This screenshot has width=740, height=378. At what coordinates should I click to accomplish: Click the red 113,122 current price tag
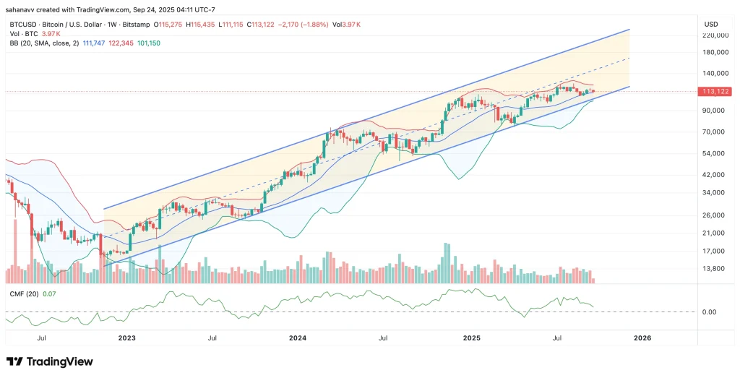click(x=713, y=92)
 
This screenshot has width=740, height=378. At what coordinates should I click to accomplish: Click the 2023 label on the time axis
click(x=126, y=338)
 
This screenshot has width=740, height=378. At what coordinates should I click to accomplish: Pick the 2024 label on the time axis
click(x=298, y=338)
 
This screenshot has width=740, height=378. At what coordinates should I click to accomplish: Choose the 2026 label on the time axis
click(x=642, y=338)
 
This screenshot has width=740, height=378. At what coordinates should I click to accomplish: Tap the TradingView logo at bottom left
click(x=50, y=361)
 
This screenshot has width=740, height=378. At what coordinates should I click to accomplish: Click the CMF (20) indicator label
click(x=22, y=293)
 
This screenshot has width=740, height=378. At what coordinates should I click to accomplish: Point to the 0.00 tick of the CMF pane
click(x=709, y=312)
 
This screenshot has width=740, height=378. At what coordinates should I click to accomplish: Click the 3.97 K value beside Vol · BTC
click(x=51, y=34)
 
